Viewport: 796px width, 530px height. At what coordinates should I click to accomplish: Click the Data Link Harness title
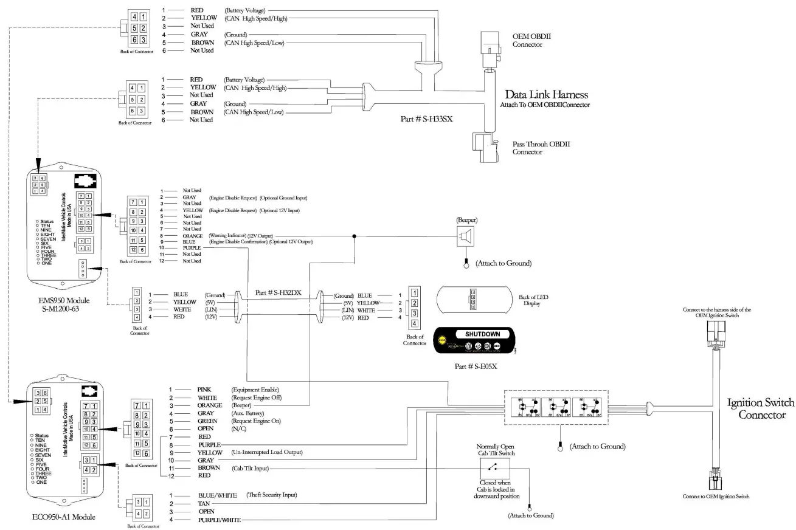[x=547, y=95]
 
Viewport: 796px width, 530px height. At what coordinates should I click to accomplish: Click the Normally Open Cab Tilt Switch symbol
[x=496, y=468]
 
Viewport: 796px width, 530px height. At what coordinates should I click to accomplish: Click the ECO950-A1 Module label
[x=64, y=517]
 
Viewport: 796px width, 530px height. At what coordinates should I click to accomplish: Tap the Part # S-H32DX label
[x=279, y=292]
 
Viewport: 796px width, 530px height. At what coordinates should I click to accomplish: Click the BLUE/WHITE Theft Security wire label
[x=217, y=495]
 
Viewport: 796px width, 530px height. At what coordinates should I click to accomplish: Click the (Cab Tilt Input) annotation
[x=251, y=469]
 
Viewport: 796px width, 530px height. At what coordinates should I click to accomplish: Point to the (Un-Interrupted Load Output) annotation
[x=267, y=453]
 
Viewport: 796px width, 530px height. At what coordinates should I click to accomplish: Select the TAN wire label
[x=204, y=504]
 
